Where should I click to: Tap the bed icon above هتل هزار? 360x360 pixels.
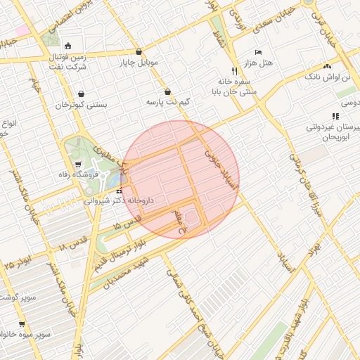click(x=258, y=53)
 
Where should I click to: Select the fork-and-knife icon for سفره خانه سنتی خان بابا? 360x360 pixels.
click(x=235, y=71)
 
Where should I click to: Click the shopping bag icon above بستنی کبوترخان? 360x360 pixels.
click(x=82, y=94)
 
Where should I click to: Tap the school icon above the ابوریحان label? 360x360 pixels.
click(x=335, y=116)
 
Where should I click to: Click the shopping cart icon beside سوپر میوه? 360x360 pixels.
click(x=21, y=324)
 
